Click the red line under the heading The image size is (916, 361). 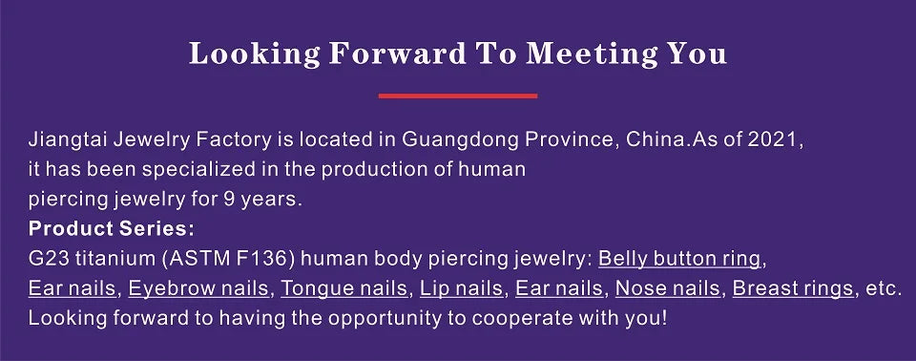tap(457, 96)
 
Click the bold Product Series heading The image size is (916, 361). tap(111, 229)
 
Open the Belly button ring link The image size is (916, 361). tap(679, 259)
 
